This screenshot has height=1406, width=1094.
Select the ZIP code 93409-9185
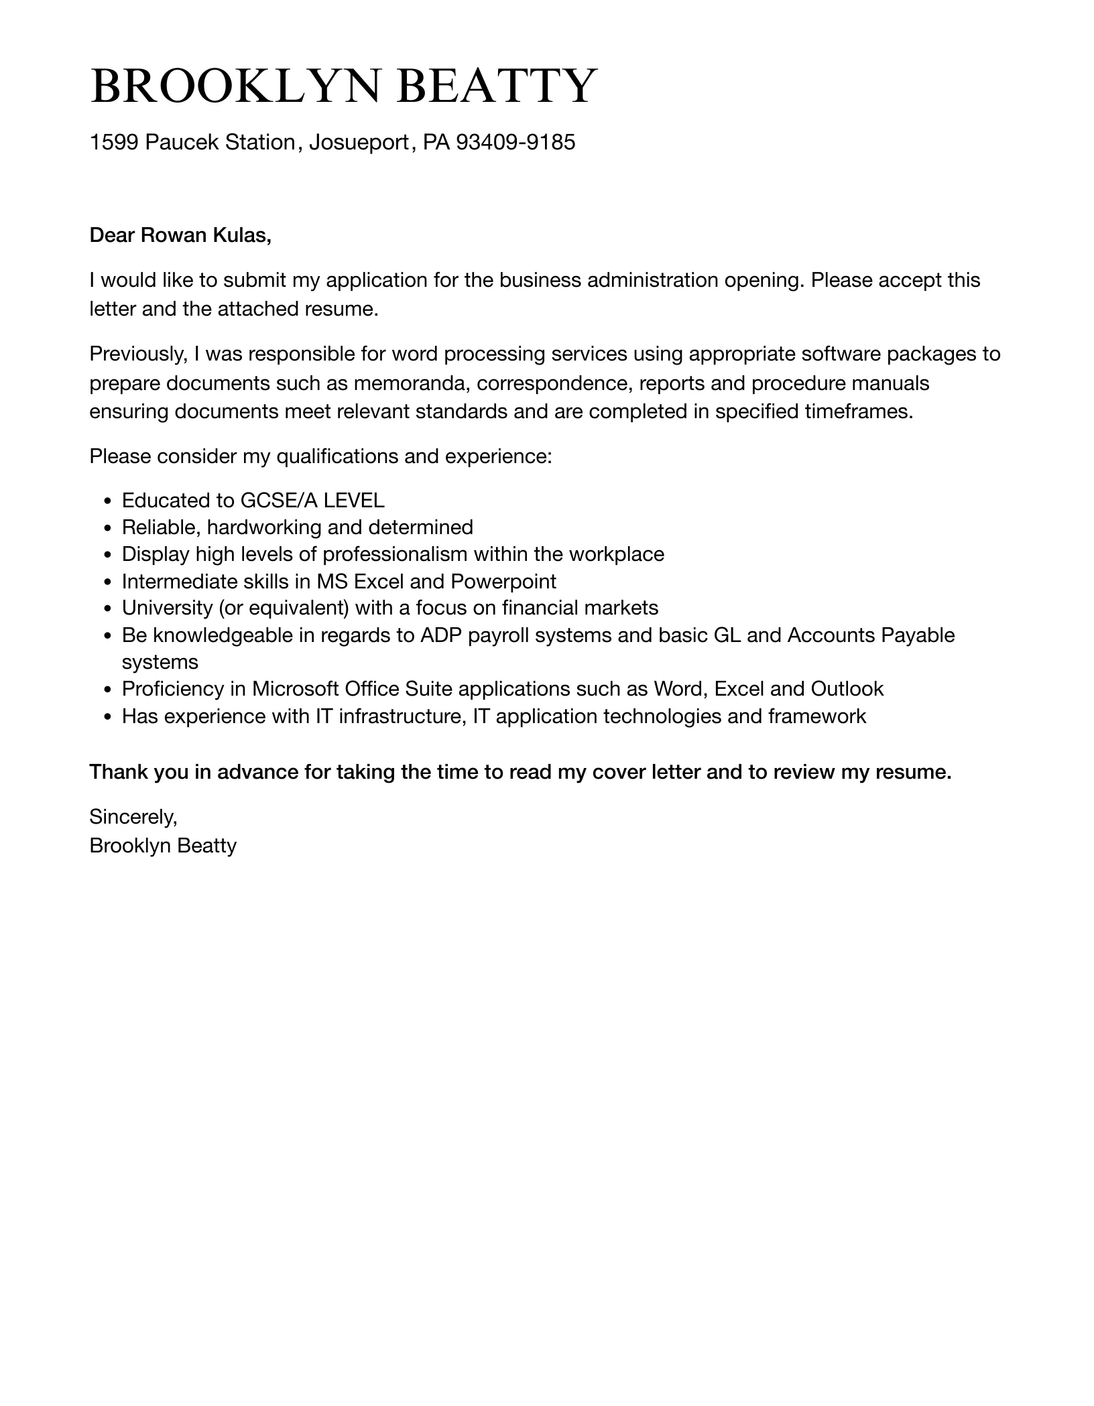(x=515, y=142)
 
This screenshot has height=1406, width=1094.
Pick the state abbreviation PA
(x=436, y=142)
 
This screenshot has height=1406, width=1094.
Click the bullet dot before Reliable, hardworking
(x=109, y=529)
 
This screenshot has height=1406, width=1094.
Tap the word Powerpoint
(x=503, y=581)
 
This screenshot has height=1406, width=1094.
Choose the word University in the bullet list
(x=167, y=608)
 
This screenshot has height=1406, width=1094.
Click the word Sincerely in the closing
(x=133, y=817)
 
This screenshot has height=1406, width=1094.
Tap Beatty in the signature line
(x=207, y=846)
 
